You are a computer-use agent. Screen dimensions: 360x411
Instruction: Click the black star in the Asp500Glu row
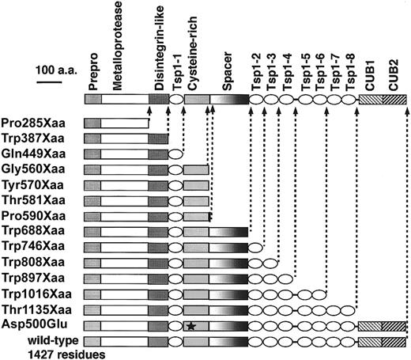coord(190,325)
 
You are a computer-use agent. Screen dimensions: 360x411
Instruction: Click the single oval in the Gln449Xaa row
coord(176,154)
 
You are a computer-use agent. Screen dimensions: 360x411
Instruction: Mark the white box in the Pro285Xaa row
coord(126,123)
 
